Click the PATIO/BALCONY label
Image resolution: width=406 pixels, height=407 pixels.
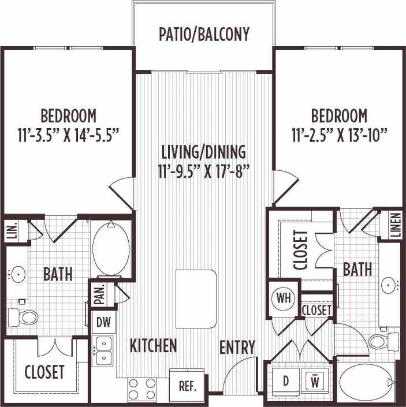tap(204, 34)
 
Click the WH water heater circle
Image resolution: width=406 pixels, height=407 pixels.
tap(283, 298)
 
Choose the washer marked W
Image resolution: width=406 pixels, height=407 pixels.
tap(315, 382)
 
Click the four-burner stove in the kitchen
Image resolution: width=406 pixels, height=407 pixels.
tap(141, 388)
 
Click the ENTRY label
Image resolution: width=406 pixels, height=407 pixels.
tap(237, 347)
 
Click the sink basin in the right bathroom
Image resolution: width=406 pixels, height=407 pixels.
tap(390, 284)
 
